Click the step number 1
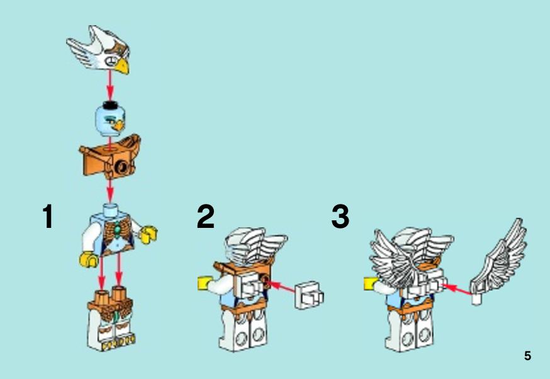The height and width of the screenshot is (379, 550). [x=48, y=216]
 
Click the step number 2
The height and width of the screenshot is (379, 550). [x=206, y=216]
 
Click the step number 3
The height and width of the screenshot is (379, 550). [x=340, y=216]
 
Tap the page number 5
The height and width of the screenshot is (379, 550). [x=527, y=356]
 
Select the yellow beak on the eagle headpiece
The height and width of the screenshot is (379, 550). [x=123, y=66]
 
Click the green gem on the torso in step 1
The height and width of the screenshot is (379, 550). [x=117, y=230]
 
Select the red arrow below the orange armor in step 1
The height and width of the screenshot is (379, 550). [x=110, y=189]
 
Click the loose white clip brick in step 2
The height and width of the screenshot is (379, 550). [x=310, y=295]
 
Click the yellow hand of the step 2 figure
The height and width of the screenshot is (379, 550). [x=204, y=283]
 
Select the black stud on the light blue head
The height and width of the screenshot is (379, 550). [x=109, y=105]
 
